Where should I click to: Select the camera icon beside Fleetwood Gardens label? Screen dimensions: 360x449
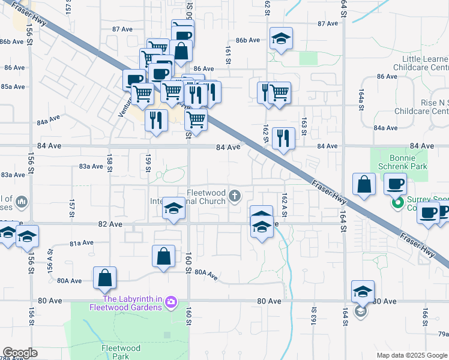(170, 301)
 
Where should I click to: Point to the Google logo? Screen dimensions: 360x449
(19, 353)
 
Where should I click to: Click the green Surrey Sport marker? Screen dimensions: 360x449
(396, 203)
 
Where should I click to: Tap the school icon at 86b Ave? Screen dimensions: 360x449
(280, 39)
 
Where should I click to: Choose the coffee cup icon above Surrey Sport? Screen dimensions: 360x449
(394, 184)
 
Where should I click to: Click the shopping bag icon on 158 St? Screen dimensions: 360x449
(104, 278)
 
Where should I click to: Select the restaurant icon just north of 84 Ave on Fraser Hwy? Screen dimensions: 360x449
(283, 139)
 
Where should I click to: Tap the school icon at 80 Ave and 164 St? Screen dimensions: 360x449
(363, 292)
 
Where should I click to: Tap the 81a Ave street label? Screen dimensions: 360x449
(82, 243)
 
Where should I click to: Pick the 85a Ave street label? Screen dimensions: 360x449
(12, 86)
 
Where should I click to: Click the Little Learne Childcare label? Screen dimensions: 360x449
(420, 63)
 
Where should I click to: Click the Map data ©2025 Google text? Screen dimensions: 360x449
(412, 355)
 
